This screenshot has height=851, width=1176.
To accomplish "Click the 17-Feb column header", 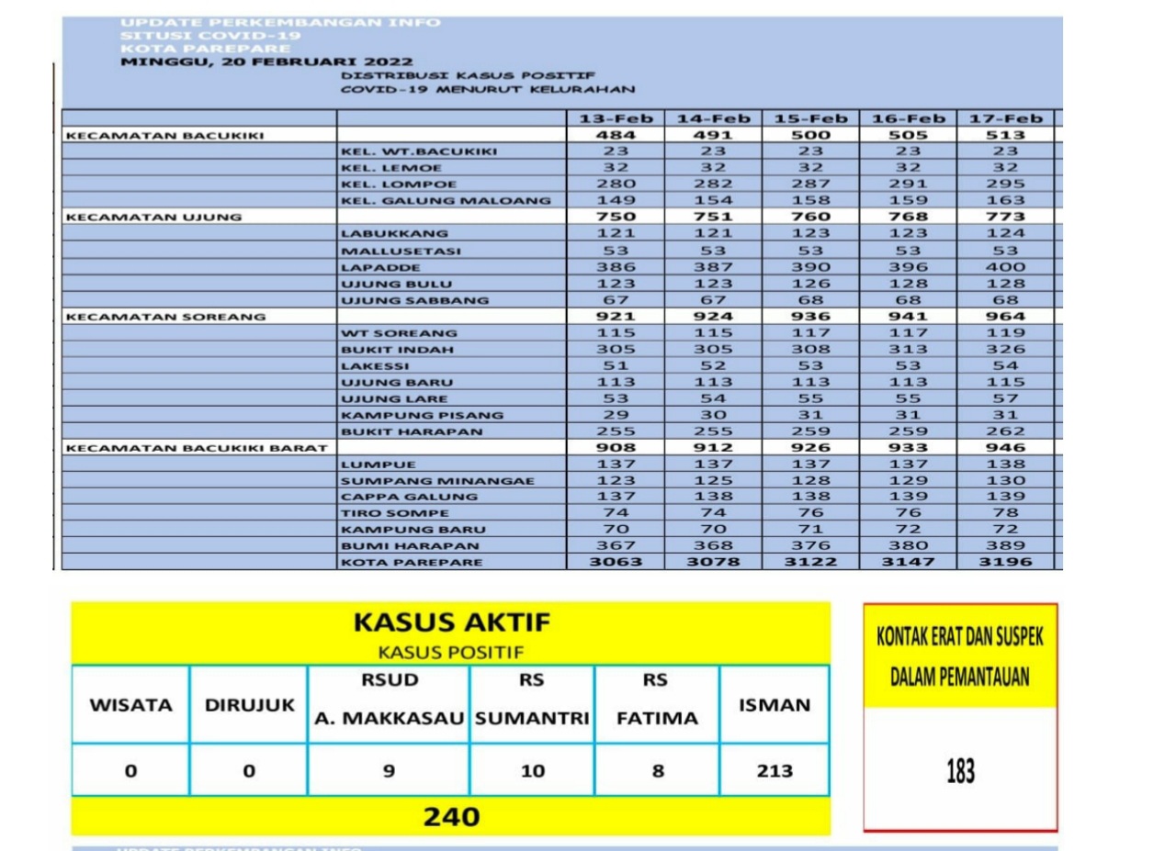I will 1006,118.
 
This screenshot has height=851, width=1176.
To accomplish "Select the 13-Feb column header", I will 616,118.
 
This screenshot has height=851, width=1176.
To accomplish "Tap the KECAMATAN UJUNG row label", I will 154,217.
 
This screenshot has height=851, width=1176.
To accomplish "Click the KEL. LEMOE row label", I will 391,168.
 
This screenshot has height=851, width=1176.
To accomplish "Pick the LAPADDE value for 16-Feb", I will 909,267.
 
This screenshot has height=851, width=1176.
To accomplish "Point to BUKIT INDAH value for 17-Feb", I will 1006,349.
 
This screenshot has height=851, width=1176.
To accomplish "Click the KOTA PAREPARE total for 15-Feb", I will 810,562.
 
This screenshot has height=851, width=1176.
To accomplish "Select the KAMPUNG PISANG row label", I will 422,415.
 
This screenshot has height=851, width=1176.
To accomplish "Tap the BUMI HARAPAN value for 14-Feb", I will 713,545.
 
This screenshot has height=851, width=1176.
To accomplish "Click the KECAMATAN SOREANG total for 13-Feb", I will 616,316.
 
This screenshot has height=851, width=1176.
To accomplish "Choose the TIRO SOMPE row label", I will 395,513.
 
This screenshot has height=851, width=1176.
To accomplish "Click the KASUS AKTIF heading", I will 452,622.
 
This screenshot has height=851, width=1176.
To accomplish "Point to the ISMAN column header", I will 775,705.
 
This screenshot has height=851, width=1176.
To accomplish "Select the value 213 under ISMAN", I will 775,771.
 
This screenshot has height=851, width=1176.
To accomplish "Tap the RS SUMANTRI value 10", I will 533,771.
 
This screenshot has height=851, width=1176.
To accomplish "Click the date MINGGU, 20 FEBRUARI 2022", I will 241,62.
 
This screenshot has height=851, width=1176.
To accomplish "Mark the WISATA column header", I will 130,705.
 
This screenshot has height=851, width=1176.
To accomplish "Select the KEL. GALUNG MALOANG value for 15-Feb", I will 810,200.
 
